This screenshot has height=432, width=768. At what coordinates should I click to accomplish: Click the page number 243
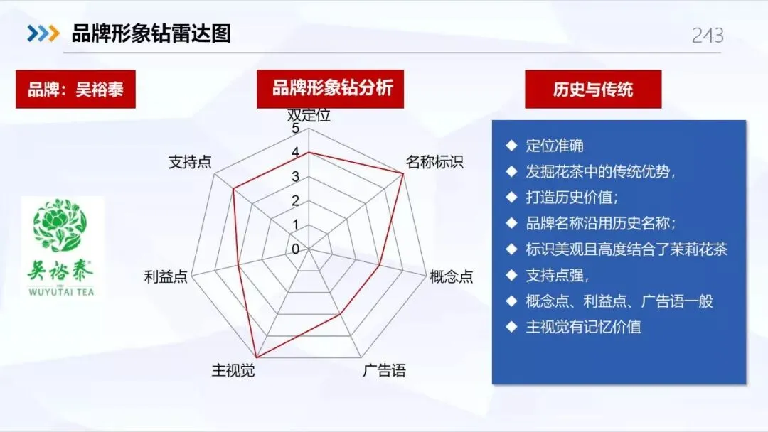point(708,35)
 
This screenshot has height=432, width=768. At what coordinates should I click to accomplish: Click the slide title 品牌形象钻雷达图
point(151,33)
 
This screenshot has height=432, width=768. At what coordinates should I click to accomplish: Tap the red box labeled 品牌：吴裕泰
point(75,90)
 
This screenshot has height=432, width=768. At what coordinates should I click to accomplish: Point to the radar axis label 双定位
point(309,115)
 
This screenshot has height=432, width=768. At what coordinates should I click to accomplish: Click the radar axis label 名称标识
point(434,162)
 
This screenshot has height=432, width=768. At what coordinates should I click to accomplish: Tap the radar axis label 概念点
point(452,276)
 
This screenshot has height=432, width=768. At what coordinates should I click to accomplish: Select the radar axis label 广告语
point(384,370)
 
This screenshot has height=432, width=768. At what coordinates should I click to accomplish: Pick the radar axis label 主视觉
point(233,370)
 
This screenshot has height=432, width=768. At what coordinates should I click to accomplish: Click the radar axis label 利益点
point(166,276)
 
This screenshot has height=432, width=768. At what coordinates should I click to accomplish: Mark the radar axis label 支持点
point(190,162)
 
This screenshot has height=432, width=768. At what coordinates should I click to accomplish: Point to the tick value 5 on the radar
point(296,129)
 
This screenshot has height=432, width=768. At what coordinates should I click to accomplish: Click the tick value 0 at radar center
point(296,249)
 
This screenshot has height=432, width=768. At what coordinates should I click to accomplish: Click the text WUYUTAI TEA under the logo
point(63,291)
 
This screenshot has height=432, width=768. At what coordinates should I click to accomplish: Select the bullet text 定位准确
point(555,146)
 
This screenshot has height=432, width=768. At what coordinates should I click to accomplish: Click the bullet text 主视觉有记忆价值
point(583,327)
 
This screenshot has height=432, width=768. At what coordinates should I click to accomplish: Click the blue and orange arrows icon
point(43,33)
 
